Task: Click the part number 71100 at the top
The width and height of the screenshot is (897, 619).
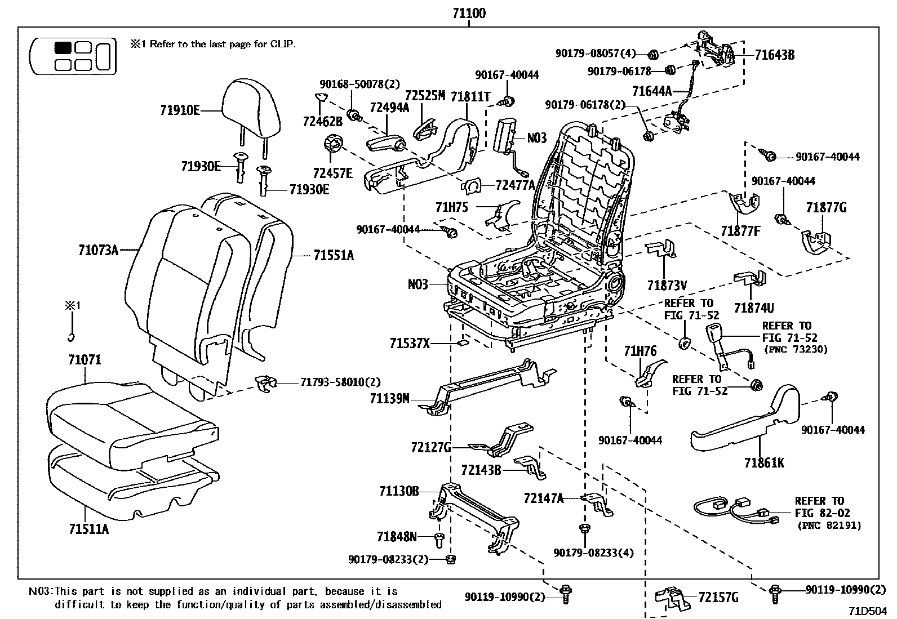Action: coord(468,13)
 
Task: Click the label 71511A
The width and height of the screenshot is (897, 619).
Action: coord(88,529)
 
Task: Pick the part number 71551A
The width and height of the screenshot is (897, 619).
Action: coord(334,256)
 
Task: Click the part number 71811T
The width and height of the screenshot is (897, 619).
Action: coord(470,97)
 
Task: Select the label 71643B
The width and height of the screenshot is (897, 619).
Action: coord(775,55)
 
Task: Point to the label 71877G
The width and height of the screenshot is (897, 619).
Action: coord(826,208)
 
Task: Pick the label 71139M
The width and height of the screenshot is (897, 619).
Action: coord(389,399)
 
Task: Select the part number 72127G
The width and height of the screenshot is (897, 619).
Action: coord(431,448)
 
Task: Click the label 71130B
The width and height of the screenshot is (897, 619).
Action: coord(398,492)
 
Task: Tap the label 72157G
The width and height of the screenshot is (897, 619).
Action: coord(718,598)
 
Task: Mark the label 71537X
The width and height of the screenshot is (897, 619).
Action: coord(409,342)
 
